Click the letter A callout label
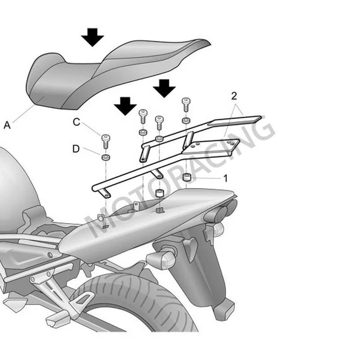point(7,126)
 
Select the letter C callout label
point(76,121)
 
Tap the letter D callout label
point(76,148)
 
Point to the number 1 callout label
point(225,178)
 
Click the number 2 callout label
point(234,95)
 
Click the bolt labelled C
point(106,140)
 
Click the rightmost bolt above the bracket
point(185,104)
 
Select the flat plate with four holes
point(211,148)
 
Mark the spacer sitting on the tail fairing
point(159,194)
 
